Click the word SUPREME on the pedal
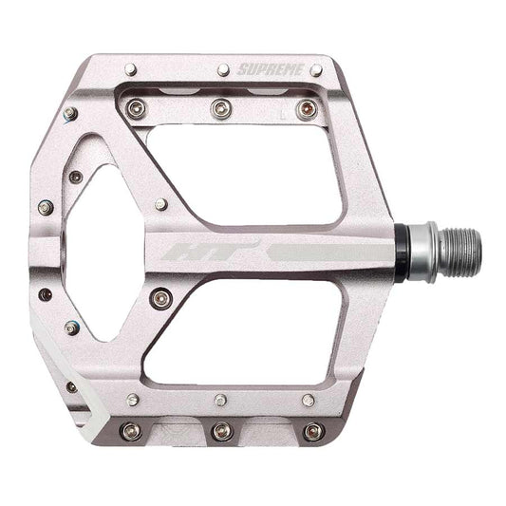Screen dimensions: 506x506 pyautogui.click(x=272, y=70)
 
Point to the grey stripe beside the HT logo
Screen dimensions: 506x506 pyautogui.click(x=323, y=253)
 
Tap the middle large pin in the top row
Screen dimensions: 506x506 pyautogui.click(x=221, y=106)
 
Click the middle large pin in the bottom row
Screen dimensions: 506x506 pyautogui.click(x=222, y=431)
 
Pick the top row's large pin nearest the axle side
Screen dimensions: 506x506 pyautogui.click(x=306, y=108)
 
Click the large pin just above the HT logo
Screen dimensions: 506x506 pyautogui.click(x=161, y=204)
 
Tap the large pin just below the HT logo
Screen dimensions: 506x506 pyautogui.click(x=159, y=298)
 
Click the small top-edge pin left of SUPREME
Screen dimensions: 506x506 pyautogui.click(x=223, y=69)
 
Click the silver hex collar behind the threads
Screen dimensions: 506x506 pyautogui.click(x=426, y=251)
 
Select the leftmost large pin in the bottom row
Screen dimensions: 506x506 pyautogui.click(x=131, y=431)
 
